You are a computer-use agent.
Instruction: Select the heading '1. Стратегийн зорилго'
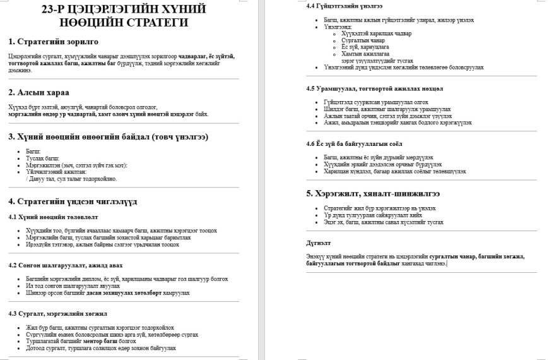coord(53,42)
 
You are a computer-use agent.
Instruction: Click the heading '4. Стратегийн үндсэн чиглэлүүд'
coord(73,201)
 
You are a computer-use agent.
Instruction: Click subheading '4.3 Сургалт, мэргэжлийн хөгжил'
coord(57,313)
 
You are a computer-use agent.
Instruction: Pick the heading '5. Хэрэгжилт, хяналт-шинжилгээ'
coord(372,193)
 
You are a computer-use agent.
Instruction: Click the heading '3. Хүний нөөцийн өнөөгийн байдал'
coord(108,136)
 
